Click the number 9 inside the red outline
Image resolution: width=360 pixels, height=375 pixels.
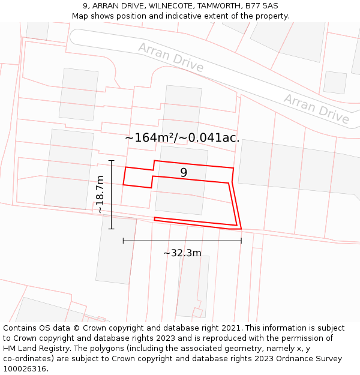click(184, 173)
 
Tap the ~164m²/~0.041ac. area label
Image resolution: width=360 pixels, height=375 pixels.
click(182, 137)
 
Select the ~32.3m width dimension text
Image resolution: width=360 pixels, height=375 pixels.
click(182, 253)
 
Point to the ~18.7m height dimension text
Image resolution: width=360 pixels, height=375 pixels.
click(100, 194)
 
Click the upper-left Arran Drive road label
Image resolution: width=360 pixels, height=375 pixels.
click(170, 58)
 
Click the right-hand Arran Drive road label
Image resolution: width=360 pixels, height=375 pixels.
click(316, 109)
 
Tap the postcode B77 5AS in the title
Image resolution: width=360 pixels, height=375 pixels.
click(262, 6)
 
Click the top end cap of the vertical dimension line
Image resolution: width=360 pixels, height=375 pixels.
click(112, 161)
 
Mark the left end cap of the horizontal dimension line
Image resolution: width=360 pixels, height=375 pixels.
click(123, 241)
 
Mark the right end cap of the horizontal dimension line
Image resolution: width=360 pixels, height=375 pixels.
click(241, 241)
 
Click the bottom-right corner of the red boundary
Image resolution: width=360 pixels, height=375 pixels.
click(241, 229)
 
